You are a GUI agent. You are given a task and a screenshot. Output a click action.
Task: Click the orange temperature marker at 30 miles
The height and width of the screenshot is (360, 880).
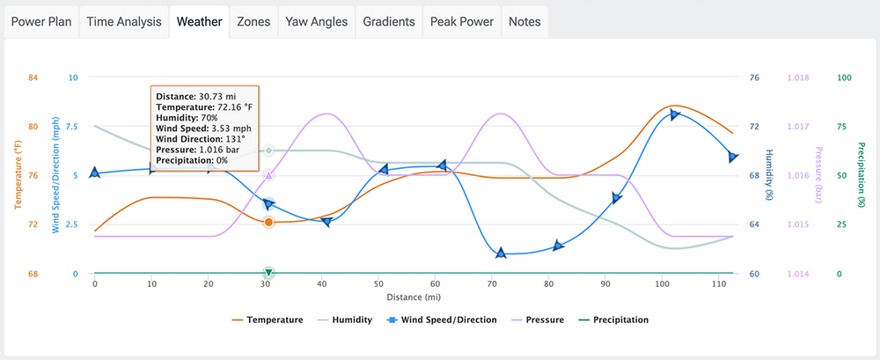pos(268,222)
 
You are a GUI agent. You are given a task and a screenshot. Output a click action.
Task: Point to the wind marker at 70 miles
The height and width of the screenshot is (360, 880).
pos(501,253)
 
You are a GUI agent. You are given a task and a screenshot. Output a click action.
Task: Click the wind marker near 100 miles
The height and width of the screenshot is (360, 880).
pos(675,114)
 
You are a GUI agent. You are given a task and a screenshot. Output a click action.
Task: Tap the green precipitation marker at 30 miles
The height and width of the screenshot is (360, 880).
pos(268,273)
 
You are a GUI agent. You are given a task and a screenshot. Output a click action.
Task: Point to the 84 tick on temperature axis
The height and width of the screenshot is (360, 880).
pos(33,77)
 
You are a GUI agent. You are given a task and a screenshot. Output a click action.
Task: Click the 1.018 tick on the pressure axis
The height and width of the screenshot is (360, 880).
pos(797,77)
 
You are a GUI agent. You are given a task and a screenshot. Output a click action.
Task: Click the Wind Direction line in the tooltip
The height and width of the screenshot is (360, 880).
pos(200,138)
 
